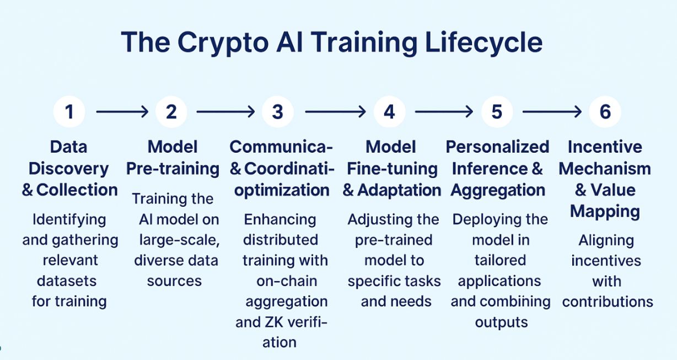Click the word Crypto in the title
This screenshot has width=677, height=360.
pyautogui.click(x=223, y=42)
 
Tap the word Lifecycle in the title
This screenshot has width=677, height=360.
pyautogui.click(x=483, y=42)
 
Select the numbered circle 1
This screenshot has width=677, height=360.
pyautogui.click(x=69, y=111)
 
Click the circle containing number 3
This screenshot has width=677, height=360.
pyautogui.click(x=277, y=111)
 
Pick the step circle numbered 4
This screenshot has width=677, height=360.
pyautogui.click(x=389, y=111)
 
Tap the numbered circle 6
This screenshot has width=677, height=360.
pyautogui.click(x=605, y=111)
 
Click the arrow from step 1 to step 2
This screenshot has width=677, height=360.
pyautogui.click(x=122, y=111)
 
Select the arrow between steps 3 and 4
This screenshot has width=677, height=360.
pyautogui.click(x=336, y=111)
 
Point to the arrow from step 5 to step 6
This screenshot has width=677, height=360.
pyautogui.click(x=552, y=111)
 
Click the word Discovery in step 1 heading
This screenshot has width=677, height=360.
pyautogui.click(x=68, y=169)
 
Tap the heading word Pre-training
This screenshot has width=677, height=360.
pyautogui.click(x=173, y=169)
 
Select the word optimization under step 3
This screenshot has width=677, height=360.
pyautogui.click(x=282, y=190)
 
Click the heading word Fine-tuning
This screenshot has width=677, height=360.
pyautogui.click(x=392, y=169)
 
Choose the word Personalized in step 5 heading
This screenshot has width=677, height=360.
pyautogui.click(x=497, y=147)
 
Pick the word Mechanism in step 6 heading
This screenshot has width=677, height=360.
pyautogui.click(x=605, y=169)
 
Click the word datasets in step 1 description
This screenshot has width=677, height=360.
pyautogui.click(x=67, y=281)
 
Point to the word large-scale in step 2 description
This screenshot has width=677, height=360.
pyautogui.click(x=180, y=240)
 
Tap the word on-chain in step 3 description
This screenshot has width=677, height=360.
pyautogui.click(x=287, y=281)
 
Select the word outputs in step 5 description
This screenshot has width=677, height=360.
pyautogui.click(x=501, y=323)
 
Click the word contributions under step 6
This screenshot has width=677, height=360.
pyautogui.click(x=608, y=302)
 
